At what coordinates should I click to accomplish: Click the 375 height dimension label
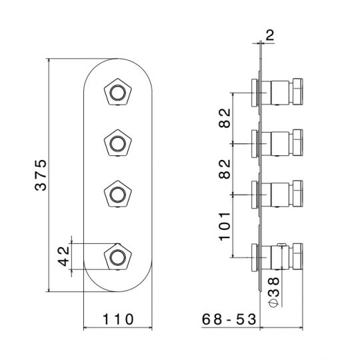(x=41, y=175)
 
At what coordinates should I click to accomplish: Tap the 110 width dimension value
(x=118, y=319)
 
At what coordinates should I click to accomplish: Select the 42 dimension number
(x=63, y=256)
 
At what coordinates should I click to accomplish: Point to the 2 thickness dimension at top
(x=269, y=35)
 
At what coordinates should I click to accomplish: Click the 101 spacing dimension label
(x=225, y=227)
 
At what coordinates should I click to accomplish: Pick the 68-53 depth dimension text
(x=229, y=319)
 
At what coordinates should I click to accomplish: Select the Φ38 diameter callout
(x=274, y=292)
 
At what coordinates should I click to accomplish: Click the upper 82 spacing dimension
(x=225, y=118)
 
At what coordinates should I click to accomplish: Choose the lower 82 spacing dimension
(x=225, y=169)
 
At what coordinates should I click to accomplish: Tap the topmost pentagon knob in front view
(x=118, y=93)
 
